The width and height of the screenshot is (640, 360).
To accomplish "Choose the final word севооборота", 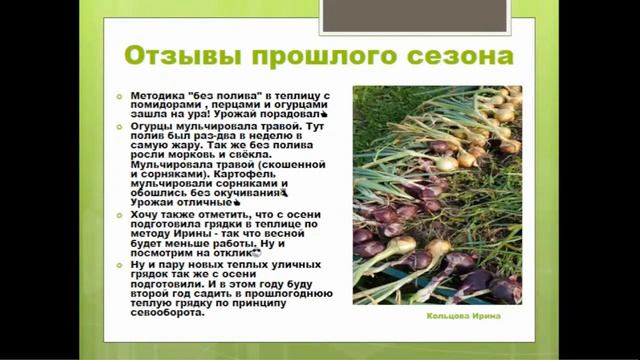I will coord(169,310).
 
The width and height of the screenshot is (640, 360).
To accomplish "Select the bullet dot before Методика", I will coord(120,93).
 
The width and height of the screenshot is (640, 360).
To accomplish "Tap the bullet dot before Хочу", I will coord(120,214).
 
